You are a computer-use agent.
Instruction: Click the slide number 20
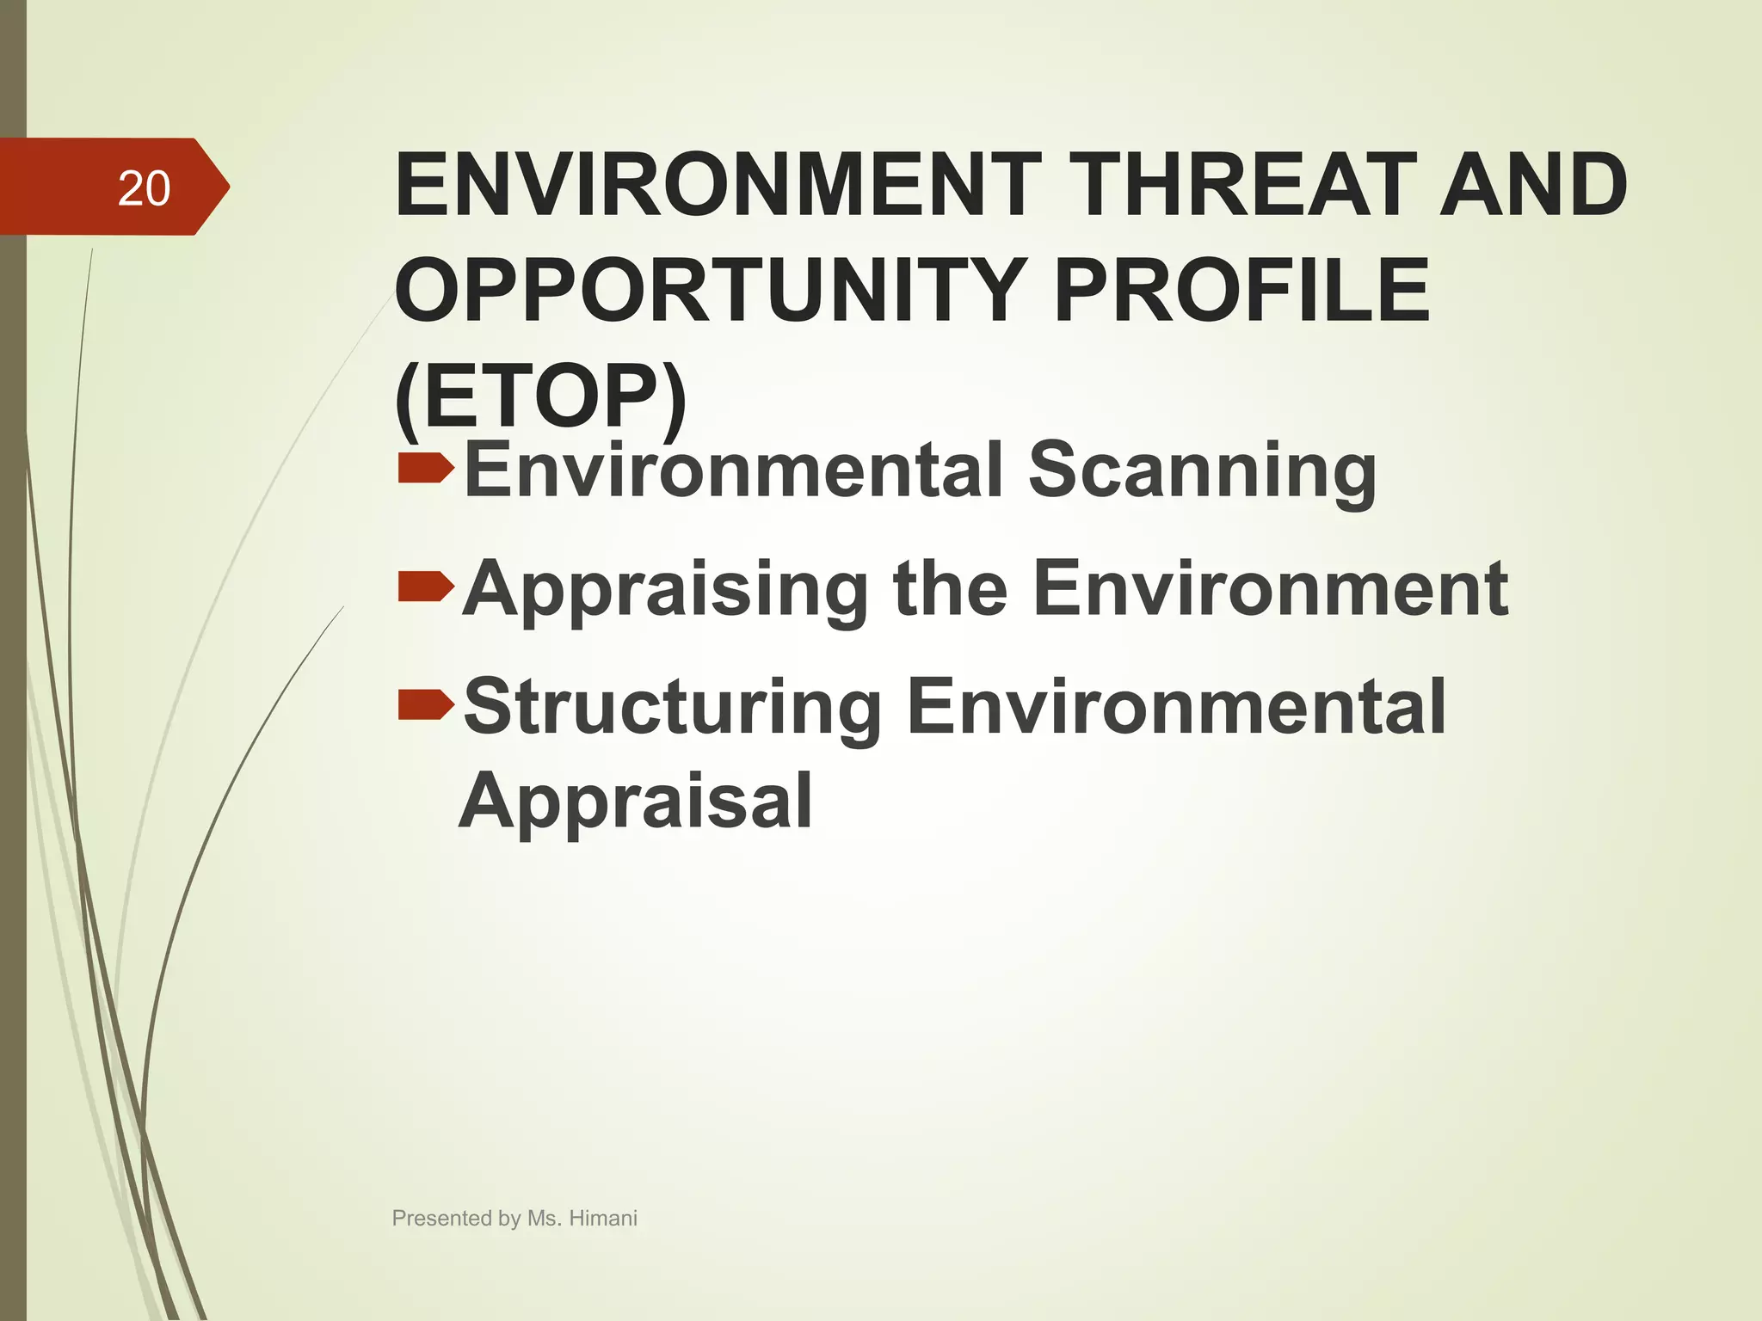pos(144,188)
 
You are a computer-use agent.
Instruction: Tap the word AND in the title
pos(1532,184)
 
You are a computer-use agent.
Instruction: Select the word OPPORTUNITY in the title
pos(711,290)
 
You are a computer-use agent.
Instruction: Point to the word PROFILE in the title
pos(1241,290)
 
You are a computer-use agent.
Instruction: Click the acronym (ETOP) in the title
pos(541,396)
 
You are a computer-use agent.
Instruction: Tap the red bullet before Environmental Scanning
pos(425,469)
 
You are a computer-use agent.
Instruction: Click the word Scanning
pos(1202,470)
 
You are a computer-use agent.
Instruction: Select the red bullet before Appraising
pos(425,587)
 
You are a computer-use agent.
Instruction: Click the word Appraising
pos(665,590)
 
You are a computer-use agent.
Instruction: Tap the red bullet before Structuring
pos(425,704)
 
